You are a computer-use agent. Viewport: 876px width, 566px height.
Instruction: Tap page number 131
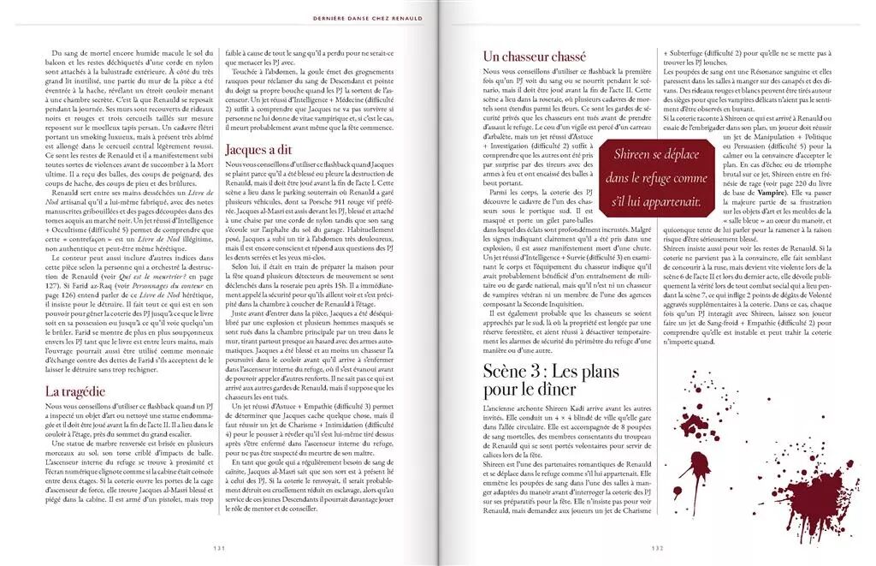[219, 549]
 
